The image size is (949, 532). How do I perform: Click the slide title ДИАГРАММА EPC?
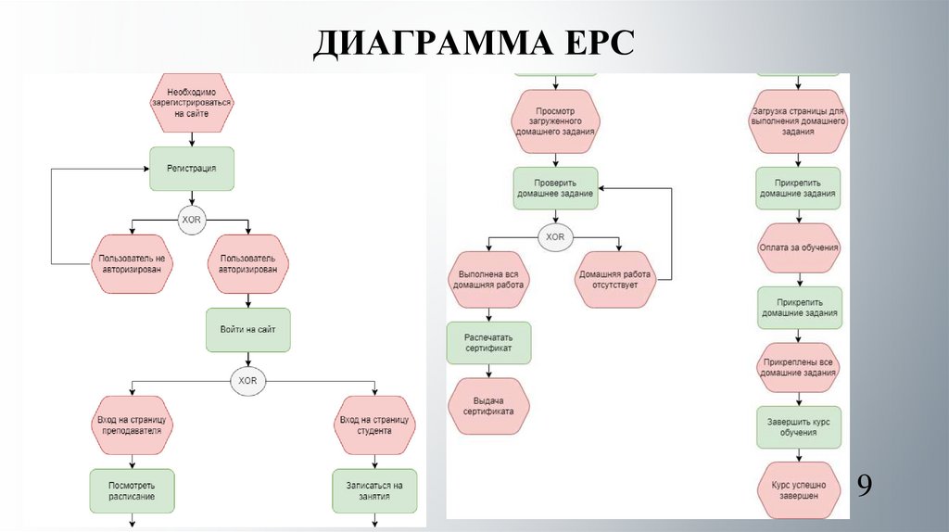474,44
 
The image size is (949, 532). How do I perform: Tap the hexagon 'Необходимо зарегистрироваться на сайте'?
191,102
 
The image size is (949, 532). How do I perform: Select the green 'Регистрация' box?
191,169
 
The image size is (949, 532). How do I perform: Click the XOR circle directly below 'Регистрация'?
191,219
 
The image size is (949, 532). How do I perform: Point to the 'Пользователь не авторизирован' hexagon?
132,262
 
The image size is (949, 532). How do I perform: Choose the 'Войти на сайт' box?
247,328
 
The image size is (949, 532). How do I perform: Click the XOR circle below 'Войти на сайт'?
247,380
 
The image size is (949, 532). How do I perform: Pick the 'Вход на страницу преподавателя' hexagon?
132,424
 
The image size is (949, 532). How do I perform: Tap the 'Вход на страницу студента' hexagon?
373,424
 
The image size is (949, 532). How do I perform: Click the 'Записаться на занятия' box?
373,491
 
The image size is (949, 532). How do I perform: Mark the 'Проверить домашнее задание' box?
555,188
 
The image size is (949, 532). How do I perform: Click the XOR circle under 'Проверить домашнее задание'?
555,237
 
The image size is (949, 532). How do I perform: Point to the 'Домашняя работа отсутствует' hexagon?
615,280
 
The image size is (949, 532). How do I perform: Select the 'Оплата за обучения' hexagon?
799,247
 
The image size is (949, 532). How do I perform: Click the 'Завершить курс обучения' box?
799,426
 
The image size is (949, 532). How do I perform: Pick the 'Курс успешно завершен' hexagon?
799,490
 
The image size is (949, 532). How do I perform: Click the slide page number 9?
864,486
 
